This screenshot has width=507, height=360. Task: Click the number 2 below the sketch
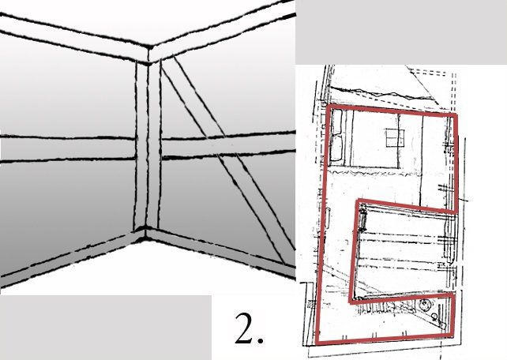244,328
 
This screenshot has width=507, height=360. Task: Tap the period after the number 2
260,340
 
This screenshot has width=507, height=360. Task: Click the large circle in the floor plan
424,305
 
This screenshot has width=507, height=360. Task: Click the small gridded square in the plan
395,137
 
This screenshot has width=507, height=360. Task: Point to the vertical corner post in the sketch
147,145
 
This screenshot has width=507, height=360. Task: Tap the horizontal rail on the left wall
67,148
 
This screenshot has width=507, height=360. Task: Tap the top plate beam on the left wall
73,36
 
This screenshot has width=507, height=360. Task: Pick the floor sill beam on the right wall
220,249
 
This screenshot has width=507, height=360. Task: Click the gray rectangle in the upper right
401,32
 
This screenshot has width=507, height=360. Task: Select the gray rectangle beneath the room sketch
106,328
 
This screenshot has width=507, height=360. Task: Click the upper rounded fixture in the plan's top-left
336,122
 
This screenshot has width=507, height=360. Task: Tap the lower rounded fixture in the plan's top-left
336,148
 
